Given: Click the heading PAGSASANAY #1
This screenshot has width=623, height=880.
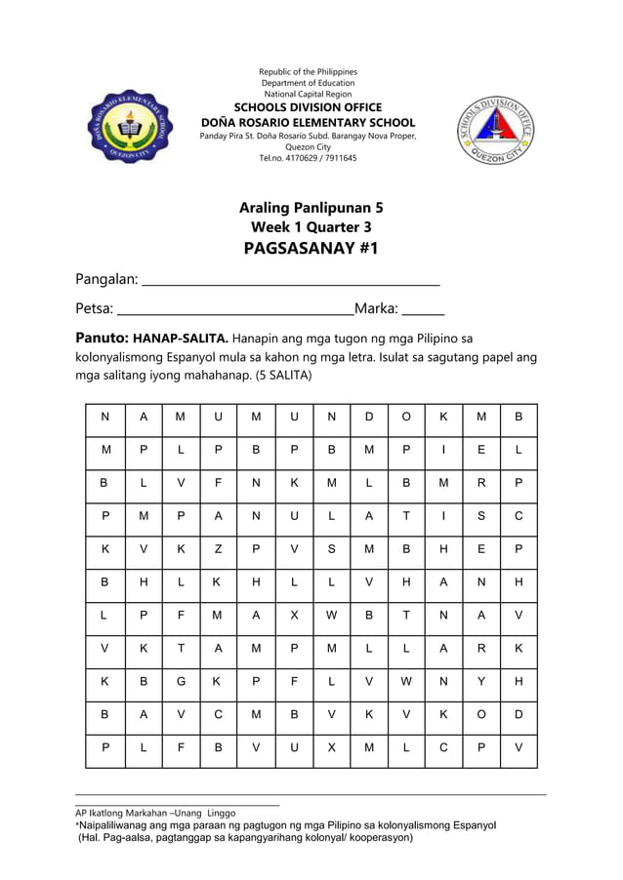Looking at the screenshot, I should pos(311,248).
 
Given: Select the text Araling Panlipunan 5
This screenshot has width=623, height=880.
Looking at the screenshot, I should pos(311,208).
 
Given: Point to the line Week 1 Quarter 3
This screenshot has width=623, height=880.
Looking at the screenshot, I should pos(311,227).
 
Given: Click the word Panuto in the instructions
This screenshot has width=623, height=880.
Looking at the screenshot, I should pos(102,340).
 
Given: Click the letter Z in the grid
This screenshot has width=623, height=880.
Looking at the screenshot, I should pos(219,549).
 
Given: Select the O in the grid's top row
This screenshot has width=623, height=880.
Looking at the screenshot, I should pos(406,418).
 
